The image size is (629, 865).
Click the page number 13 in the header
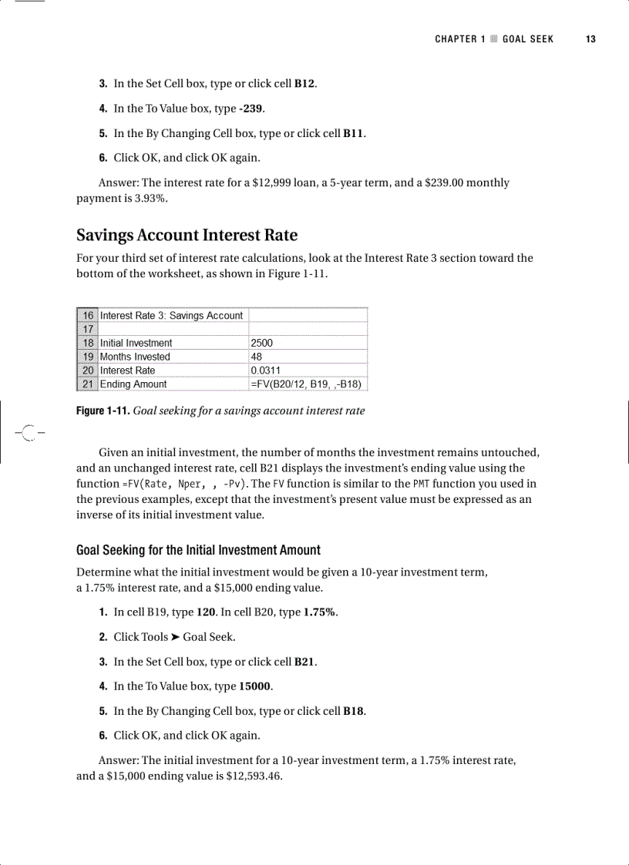click(590, 39)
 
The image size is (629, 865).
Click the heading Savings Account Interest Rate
click(187, 235)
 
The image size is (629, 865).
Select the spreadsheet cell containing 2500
click(262, 343)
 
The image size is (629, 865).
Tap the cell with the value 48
click(257, 357)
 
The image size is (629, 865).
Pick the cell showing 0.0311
click(266, 370)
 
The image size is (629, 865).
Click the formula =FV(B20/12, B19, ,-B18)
click(306, 384)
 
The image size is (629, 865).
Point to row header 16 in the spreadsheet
click(88, 315)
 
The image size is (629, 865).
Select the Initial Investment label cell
click(136, 343)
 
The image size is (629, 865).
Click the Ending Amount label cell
click(133, 384)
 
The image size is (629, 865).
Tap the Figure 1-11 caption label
click(103, 411)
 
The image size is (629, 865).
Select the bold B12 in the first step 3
click(304, 83)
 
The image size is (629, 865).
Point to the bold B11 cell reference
click(353, 133)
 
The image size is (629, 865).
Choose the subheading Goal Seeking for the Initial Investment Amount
click(198, 550)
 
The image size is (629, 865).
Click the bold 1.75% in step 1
click(320, 612)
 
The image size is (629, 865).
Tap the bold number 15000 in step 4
click(255, 686)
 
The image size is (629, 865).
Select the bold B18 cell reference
click(353, 710)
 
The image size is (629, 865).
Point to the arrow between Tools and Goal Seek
click(176, 637)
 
